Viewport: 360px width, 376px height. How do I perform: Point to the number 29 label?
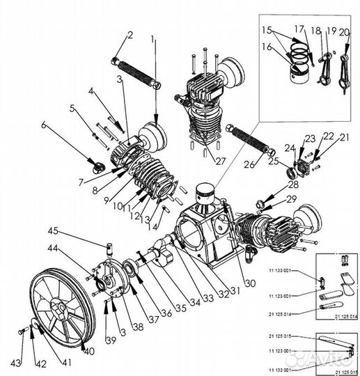click(x=291, y=199)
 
